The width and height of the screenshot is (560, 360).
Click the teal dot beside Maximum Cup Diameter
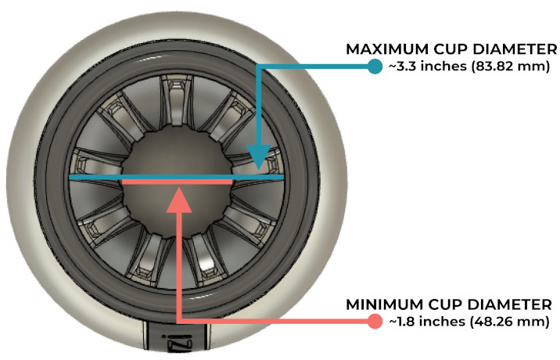[374, 67]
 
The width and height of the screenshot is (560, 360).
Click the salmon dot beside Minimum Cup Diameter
[374, 321]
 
